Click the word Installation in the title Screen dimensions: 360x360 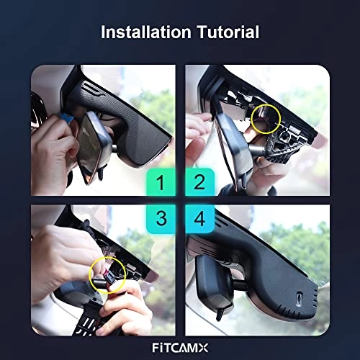146,32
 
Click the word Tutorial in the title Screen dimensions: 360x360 228,32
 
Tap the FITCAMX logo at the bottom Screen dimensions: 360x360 180,348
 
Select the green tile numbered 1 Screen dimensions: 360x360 161,182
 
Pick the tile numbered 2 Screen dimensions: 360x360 199,182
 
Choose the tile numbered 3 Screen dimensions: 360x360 161,219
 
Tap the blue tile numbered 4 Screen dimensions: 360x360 199,219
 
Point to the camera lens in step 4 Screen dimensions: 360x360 300,297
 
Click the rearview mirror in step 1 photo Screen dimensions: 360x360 94,144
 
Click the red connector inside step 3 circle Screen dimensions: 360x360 106,273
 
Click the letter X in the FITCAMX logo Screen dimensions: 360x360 203,348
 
